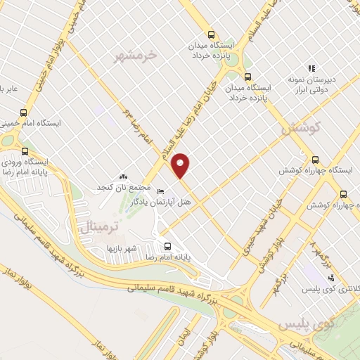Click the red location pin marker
[x=181, y=165]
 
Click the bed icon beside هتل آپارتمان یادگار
[x=160, y=191]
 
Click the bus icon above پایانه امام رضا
[x=167, y=247]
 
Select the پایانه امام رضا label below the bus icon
[x=168, y=259]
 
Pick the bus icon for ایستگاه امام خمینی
[x=24, y=112]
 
